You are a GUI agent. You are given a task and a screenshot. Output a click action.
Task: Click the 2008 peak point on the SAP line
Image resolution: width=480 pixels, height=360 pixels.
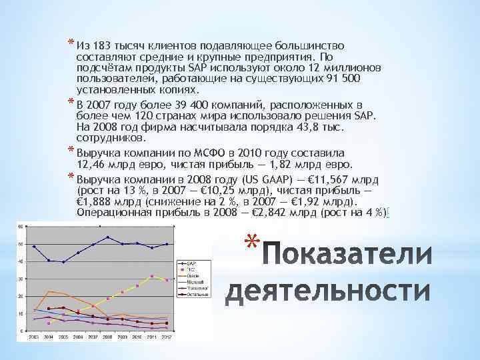tap(108, 237)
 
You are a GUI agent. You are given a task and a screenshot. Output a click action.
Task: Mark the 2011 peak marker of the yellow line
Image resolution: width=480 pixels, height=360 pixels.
tap(152, 276)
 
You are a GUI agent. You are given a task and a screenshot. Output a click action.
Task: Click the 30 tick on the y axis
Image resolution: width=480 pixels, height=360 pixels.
tap(22, 279)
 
